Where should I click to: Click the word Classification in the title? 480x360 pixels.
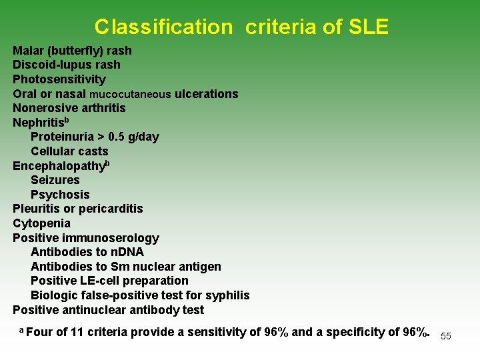tap(162, 27)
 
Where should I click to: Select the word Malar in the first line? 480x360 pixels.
tap(28, 51)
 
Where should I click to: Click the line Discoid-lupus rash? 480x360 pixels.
tap(67, 65)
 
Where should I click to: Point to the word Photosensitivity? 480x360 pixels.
tap(59, 79)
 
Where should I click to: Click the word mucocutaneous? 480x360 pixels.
tap(130, 94)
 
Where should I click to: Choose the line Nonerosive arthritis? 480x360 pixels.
tap(69, 108)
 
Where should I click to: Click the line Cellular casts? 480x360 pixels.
tap(69, 151)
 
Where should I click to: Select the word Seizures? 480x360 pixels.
tap(55, 180)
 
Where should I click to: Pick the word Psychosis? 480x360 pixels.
tap(60, 195)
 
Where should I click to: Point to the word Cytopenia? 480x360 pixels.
tap(41, 223)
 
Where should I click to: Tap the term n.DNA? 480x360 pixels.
tap(127, 252)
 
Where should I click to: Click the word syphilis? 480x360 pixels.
tap(227, 295)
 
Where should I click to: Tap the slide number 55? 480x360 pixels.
tap(446, 336)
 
